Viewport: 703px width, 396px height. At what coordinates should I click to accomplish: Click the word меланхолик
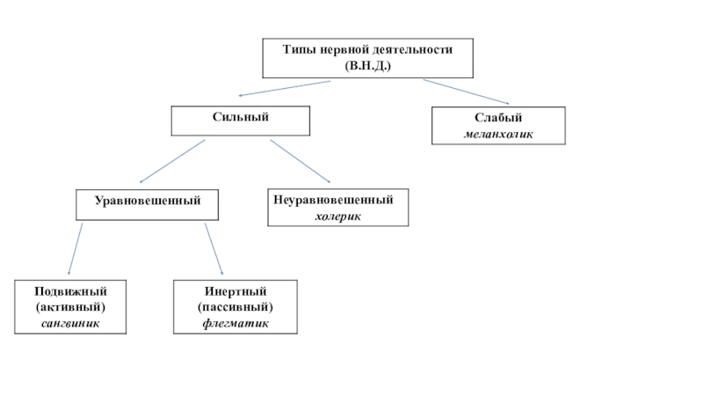point(498,135)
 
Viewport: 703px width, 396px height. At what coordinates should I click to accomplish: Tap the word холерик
point(337,216)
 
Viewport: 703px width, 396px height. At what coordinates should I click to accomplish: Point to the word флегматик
point(235,323)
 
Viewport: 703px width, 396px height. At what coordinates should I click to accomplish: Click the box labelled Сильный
point(240,117)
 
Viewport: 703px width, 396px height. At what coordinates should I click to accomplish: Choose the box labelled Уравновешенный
point(149,202)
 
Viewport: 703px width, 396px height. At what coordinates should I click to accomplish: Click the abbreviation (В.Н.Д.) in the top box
point(368,66)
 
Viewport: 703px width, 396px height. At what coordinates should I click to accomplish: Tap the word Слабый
point(498,118)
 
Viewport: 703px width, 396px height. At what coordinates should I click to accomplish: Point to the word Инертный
point(235,290)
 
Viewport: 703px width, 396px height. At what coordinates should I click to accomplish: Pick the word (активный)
point(70,306)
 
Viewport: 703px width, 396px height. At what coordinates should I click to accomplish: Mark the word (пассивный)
point(235,306)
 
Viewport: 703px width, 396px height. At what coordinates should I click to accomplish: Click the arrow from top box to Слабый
point(466,92)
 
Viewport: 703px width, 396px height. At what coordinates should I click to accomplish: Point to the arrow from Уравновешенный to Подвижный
point(76,249)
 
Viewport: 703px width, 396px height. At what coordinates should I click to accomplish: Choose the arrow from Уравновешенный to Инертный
point(214,249)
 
